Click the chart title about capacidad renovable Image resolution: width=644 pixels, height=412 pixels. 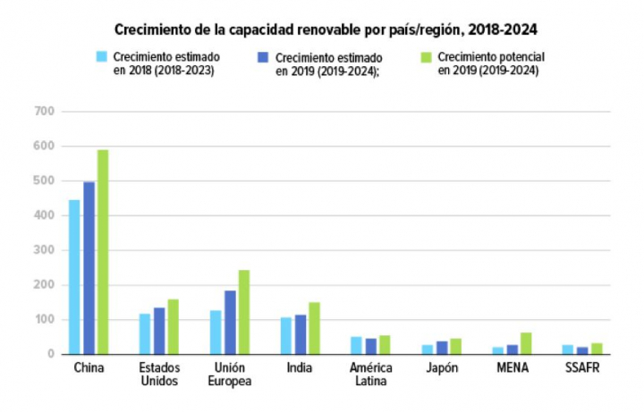[x=326, y=29]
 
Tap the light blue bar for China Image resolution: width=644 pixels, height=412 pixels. [x=74, y=277]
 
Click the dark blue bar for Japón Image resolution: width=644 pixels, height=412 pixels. [x=442, y=348]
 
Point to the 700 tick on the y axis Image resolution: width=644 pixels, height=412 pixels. [x=44, y=112]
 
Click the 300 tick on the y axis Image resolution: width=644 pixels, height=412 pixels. [x=44, y=250]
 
